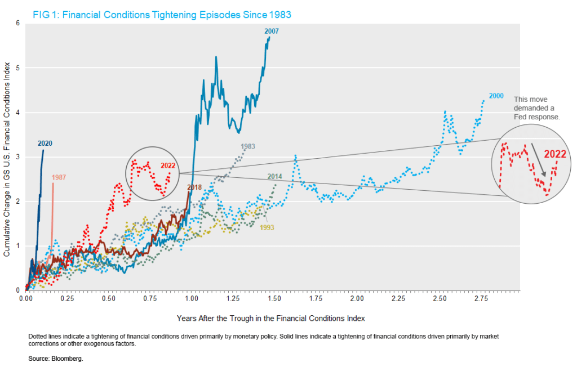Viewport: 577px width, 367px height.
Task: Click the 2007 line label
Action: coord(270,31)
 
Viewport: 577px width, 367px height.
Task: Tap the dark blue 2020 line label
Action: coord(45,144)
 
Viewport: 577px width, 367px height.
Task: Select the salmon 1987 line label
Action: coord(59,178)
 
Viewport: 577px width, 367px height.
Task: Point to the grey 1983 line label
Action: coord(248,147)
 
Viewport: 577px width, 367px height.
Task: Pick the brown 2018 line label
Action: coord(194,187)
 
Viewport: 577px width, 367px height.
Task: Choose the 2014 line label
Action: coord(274,177)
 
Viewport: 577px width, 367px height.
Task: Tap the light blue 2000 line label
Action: coord(496,96)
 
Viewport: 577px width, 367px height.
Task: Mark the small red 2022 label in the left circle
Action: coord(168,165)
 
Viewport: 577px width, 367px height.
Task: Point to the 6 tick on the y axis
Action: coord(17,23)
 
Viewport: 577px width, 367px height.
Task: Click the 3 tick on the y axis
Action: coord(17,156)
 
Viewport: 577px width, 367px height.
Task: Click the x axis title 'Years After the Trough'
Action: coord(271,318)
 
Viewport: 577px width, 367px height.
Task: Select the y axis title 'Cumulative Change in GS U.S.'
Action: coord(7,156)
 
